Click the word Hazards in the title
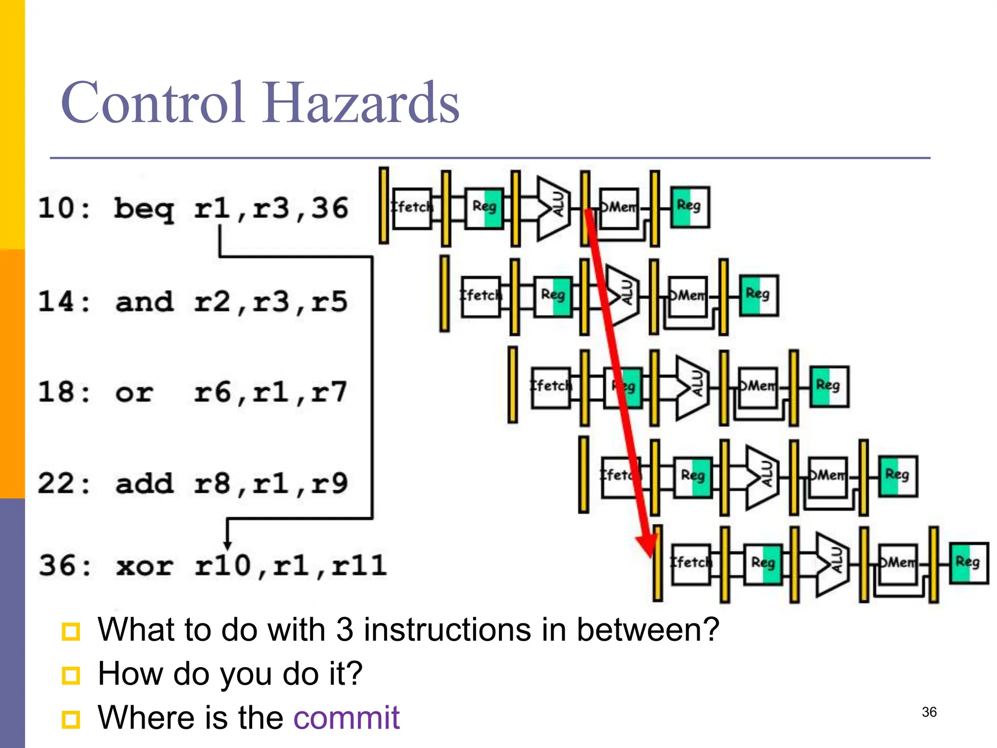point(361,103)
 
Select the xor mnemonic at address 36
point(144,566)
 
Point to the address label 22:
point(64,484)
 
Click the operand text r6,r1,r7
point(270,393)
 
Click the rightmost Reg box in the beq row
point(689,207)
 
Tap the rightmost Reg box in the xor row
point(969,563)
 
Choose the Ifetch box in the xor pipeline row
point(691,564)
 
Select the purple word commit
point(346,718)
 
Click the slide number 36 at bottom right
point(929,712)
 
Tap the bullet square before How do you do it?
point(71,675)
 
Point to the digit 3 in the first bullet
point(344,629)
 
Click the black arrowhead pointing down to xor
point(227,545)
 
